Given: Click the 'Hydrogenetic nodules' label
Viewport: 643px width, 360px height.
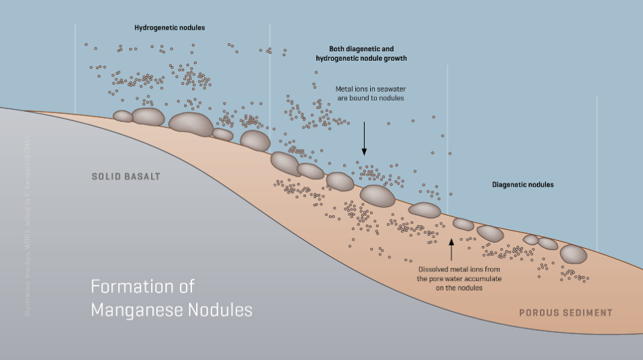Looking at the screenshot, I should pyautogui.click(x=169, y=28).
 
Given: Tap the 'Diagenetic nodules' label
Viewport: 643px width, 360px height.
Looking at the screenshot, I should pyautogui.click(x=522, y=184).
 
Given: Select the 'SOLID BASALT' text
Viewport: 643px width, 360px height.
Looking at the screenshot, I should pyautogui.click(x=126, y=177).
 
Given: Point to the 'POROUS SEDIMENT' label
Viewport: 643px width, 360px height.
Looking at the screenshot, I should pyautogui.click(x=565, y=312).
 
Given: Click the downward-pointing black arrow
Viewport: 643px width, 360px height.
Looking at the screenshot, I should pyautogui.click(x=364, y=139).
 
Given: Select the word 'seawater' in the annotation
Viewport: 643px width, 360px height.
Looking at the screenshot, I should pyautogui.click(x=391, y=89).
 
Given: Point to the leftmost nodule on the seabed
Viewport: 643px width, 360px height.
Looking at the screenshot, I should pyautogui.click(x=123, y=117).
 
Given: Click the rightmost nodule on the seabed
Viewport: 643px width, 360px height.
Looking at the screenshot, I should pyautogui.click(x=574, y=254).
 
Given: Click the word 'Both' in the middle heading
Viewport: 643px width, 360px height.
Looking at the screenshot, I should pyautogui.click(x=338, y=49).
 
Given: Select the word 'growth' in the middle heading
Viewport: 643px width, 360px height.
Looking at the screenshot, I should pyautogui.click(x=395, y=59).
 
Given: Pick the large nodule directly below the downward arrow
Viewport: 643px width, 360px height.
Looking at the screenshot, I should pyautogui.click(x=377, y=196).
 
